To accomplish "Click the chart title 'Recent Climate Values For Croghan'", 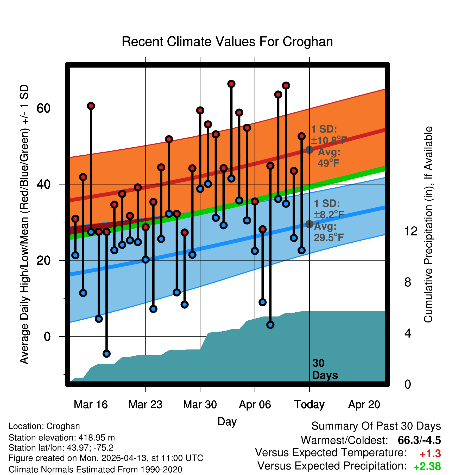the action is click(x=227, y=42).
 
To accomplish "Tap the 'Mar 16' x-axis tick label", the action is click(x=91, y=404).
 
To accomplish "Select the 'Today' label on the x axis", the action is click(x=309, y=405).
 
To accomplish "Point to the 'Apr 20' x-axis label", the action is click(x=364, y=405).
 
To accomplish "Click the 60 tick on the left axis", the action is click(x=43, y=108).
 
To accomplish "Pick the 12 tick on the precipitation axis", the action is click(x=411, y=231).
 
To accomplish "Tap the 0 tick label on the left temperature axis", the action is click(x=47, y=337).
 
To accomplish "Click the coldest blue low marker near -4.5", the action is click(x=106, y=353).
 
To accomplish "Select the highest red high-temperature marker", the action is click(x=231, y=84).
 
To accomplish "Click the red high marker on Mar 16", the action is click(x=91, y=106).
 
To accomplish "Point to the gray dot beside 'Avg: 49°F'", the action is click(x=309, y=150).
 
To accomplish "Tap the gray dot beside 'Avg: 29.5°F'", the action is click(x=309, y=224).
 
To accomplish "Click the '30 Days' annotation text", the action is click(x=325, y=369).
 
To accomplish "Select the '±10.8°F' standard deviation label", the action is click(x=329, y=140).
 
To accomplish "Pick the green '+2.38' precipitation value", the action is click(x=427, y=466).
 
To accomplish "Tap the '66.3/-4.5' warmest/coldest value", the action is click(x=419, y=440).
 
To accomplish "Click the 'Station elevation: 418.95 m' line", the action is click(x=62, y=438).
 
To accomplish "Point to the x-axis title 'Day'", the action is click(x=227, y=422).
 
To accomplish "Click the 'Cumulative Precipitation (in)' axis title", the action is click(x=428, y=225).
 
